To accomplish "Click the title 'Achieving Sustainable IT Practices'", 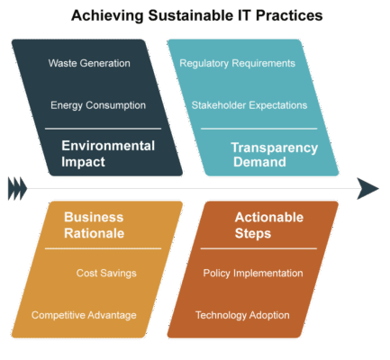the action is click(197, 15).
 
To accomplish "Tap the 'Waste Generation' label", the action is click(89, 63).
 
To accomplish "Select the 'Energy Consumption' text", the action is click(98, 105).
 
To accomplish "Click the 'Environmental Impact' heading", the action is click(108, 154).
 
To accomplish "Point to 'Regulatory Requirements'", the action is click(237, 64).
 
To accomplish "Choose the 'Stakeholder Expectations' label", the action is click(249, 105).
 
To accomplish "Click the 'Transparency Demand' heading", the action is click(275, 155).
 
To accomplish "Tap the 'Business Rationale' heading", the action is click(94, 225).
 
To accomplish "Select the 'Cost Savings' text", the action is click(106, 274).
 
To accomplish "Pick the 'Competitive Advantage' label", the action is click(84, 315).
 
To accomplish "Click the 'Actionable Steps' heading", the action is click(269, 225).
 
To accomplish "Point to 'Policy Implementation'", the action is click(253, 274).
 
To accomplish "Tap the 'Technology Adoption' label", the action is click(242, 315).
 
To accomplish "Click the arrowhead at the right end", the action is click(367, 189).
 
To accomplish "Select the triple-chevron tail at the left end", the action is click(17, 189).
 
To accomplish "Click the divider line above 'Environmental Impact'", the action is click(103, 129).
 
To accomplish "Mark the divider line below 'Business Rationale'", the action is click(103, 248).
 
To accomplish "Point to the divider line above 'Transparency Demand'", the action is click(258, 129).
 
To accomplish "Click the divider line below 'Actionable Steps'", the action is click(258, 248).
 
